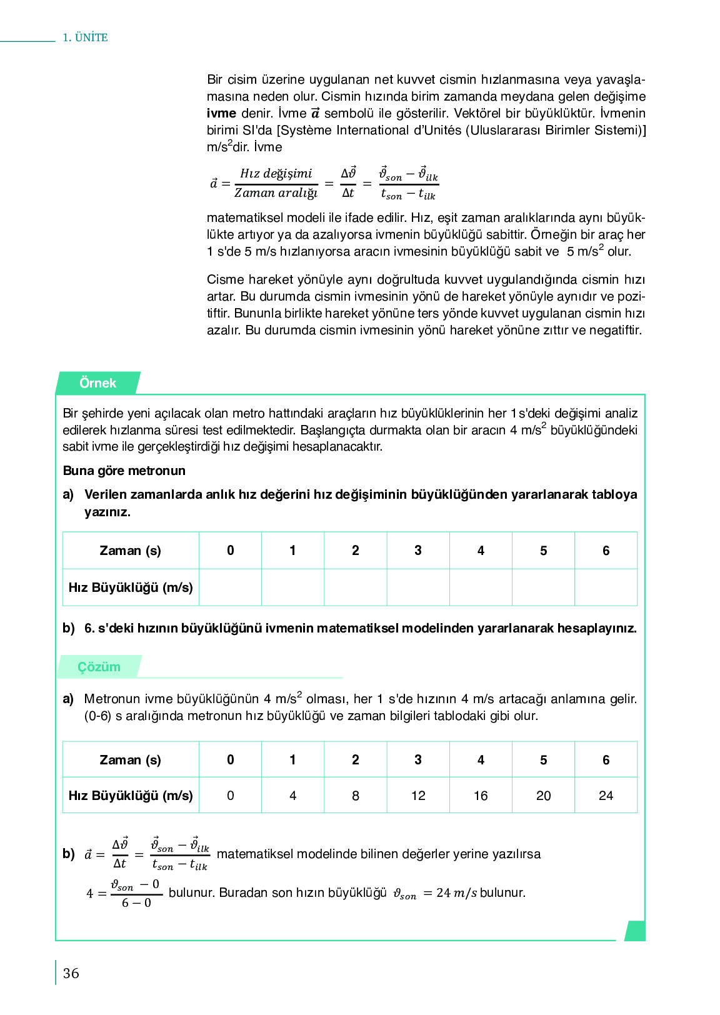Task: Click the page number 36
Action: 71,973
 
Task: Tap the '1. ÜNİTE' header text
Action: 85,37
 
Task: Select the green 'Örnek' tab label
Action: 97,383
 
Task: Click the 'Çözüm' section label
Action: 99,667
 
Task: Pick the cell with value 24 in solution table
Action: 606,796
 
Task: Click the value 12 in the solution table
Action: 418,796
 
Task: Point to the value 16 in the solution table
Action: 481,796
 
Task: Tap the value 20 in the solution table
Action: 543,796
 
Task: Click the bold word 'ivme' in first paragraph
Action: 221,114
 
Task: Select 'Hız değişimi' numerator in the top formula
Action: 276,174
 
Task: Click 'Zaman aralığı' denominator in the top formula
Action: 276,193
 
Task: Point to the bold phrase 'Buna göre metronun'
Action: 124,471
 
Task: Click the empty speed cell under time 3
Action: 418,587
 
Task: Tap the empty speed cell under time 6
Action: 606,587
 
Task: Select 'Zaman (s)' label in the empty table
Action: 130,551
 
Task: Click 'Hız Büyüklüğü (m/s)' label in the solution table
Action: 130,796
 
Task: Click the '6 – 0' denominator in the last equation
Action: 136,903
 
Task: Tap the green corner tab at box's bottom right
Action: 635,931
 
